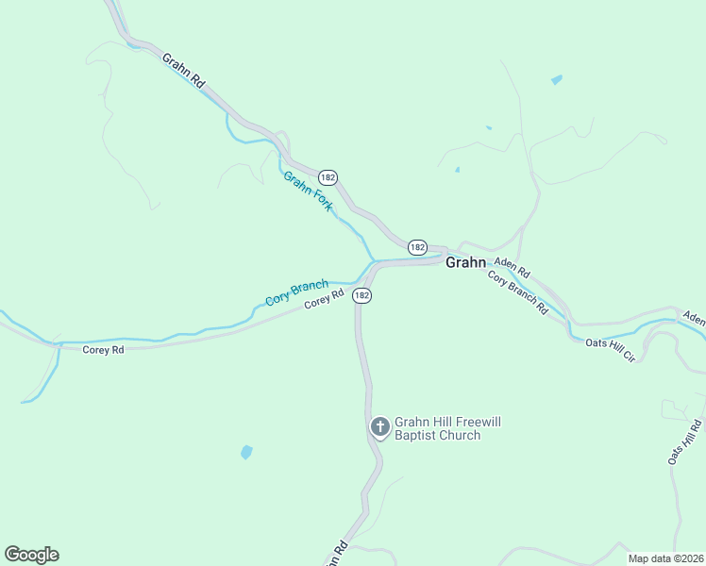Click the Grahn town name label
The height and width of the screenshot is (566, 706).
(465, 262)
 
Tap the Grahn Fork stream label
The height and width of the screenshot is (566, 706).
(308, 191)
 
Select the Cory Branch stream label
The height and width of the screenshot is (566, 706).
(296, 292)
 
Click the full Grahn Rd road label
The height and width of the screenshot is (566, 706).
(183, 71)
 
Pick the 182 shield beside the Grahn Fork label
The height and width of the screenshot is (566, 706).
(328, 177)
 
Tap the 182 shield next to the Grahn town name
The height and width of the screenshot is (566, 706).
(418, 246)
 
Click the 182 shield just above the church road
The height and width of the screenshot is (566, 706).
(361, 295)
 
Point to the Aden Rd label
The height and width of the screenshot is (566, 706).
(513, 268)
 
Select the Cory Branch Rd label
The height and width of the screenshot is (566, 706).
(518, 292)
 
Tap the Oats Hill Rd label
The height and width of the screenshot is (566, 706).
(685, 441)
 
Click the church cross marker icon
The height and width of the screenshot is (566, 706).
(379, 427)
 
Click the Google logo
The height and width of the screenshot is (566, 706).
(31, 555)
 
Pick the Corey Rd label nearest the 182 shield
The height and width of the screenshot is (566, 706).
(324, 301)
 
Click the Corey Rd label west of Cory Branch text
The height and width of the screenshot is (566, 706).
(103, 350)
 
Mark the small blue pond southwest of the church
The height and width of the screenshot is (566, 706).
(246, 452)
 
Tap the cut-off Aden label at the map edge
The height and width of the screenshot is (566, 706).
(694, 319)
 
